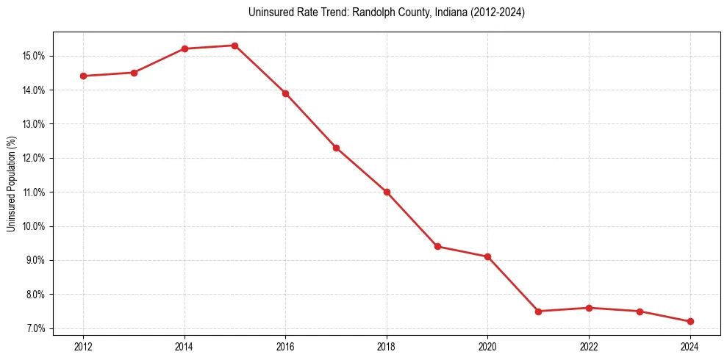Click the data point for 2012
(x=83, y=76)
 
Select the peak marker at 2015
(x=234, y=46)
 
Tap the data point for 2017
(x=336, y=148)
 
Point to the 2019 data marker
(x=437, y=246)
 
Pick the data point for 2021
(x=538, y=312)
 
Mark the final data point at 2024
(x=690, y=321)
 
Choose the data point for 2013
(x=134, y=73)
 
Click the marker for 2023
(x=640, y=312)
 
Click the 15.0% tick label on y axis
(x=35, y=56)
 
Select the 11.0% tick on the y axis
(x=35, y=192)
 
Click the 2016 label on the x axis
(x=285, y=346)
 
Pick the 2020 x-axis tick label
(x=487, y=346)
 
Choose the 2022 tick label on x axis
(x=589, y=346)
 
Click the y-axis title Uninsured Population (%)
(x=12, y=184)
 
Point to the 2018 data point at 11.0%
(x=387, y=192)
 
